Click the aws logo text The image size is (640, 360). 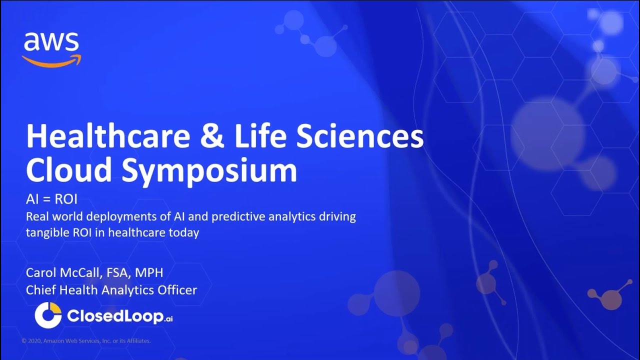51,42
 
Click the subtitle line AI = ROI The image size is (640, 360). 51,200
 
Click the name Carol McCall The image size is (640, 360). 66,273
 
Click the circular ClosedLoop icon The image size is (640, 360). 47,316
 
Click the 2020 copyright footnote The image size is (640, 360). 86,341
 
